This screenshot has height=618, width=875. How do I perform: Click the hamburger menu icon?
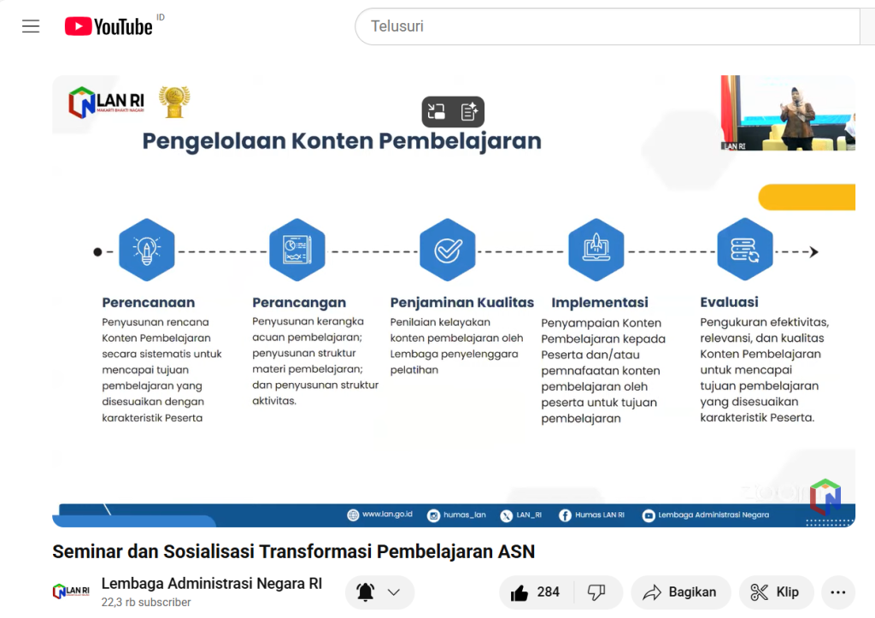pyautogui.click(x=31, y=26)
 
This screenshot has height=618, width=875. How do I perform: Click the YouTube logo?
pyautogui.click(x=109, y=26)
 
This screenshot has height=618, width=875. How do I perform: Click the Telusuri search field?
pyautogui.click(x=608, y=26)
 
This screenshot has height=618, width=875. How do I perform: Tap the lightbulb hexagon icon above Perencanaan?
pyautogui.click(x=147, y=250)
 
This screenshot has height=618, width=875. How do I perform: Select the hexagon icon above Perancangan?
pyautogui.click(x=297, y=250)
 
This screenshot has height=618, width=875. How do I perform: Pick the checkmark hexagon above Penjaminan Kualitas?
pyautogui.click(x=448, y=250)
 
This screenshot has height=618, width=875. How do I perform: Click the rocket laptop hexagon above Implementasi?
pyautogui.click(x=596, y=250)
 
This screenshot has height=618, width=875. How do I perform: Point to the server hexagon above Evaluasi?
pyautogui.click(x=745, y=250)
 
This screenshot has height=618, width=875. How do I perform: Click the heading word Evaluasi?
pyautogui.click(x=730, y=302)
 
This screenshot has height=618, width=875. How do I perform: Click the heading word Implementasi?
pyautogui.click(x=600, y=303)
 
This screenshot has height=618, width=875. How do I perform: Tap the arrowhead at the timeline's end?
pyautogui.click(x=814, y=252)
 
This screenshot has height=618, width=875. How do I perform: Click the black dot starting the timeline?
pyautogui.click(x=97, y=252)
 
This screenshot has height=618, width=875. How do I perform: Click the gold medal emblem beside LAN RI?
pyautogui.click(x=174, y=102)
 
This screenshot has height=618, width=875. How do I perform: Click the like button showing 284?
pyautogui.click(x=535, y=592)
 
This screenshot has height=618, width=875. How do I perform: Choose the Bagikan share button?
pyautogui.click(x=680, y=592)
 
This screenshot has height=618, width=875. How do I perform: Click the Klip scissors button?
pyautogui.click(x=776, y=592)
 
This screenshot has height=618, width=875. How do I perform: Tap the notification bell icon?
pyautogui.click(x=366, y=592)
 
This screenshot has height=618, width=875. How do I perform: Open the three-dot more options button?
pyautogui.click(x=838, y=592)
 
